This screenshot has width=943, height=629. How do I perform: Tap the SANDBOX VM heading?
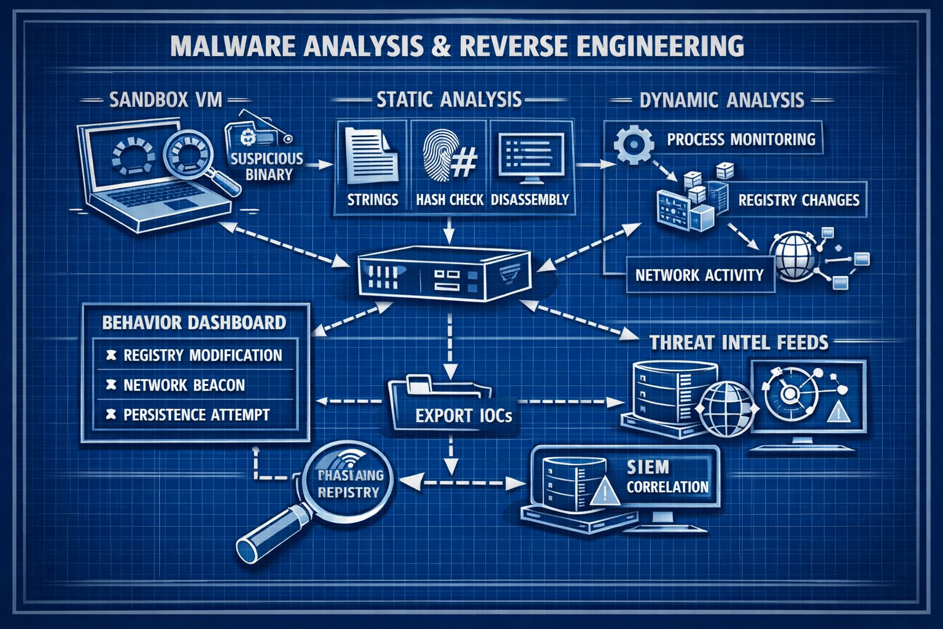pyautogui.click(x=165, y=100)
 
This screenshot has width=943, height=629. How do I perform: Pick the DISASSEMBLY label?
pyautogui.click(x=530, y=200)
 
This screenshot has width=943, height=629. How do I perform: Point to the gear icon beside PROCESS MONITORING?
pyautogui.click(x=632, y=144)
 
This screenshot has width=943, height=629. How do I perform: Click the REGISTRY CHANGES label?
pyautogui.click(x=798, y=200)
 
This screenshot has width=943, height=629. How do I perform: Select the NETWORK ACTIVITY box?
pyautogui.click(x=699, y=275)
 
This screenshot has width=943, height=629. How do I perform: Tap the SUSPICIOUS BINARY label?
pyautogui.click(x=267, y=166)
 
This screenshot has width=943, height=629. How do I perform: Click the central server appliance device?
pyautogui.click(x=443, y=275)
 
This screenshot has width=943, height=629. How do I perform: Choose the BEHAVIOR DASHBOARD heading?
pyautogui.click(x=194, y=322)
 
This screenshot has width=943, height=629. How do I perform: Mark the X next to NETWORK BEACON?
pyautogui.click(x=111, y=385)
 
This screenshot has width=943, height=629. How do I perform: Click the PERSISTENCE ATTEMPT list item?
pyautogui.click(x=196, y=415)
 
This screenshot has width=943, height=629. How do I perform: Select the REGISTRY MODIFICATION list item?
pyautogui.click(x=202, y=355)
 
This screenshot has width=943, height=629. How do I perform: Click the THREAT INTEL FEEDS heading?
pyautogui.click(x=739, y=342)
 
